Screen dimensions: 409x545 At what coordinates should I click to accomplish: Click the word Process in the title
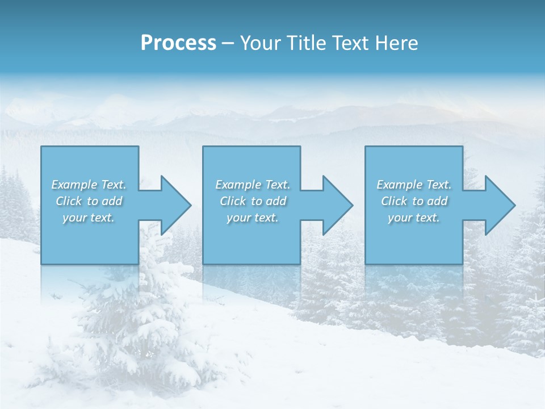coord(178,43)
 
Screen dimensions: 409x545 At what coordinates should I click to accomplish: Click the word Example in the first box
coord(74,185)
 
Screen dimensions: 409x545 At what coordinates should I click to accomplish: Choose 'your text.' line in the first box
coord(89,218)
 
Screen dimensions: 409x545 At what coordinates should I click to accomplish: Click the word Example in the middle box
coord(238,185)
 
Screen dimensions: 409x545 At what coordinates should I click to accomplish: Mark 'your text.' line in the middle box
coord(253,218)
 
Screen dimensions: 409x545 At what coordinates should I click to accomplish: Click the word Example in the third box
coord(399,185)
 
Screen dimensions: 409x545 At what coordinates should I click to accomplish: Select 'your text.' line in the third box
coord(414,218)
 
